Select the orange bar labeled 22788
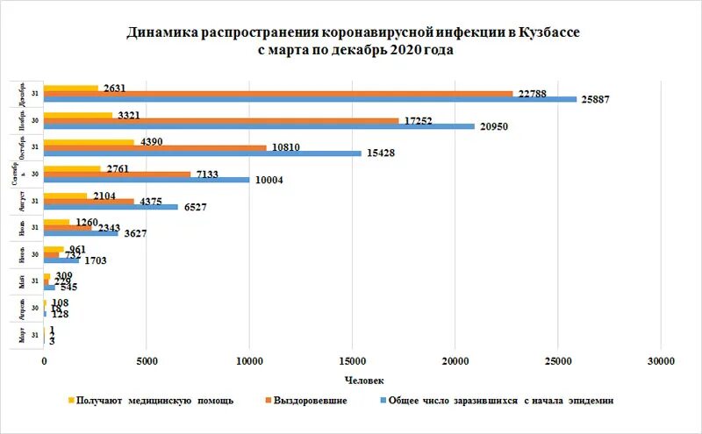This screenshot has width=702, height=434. point(278,93)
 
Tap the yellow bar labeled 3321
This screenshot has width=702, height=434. point(78,115)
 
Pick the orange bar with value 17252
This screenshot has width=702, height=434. point(221,121)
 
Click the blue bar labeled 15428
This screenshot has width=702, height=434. point(203,153)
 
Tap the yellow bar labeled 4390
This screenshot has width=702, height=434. point(89,142)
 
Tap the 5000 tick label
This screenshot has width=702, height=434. point(147,360)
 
